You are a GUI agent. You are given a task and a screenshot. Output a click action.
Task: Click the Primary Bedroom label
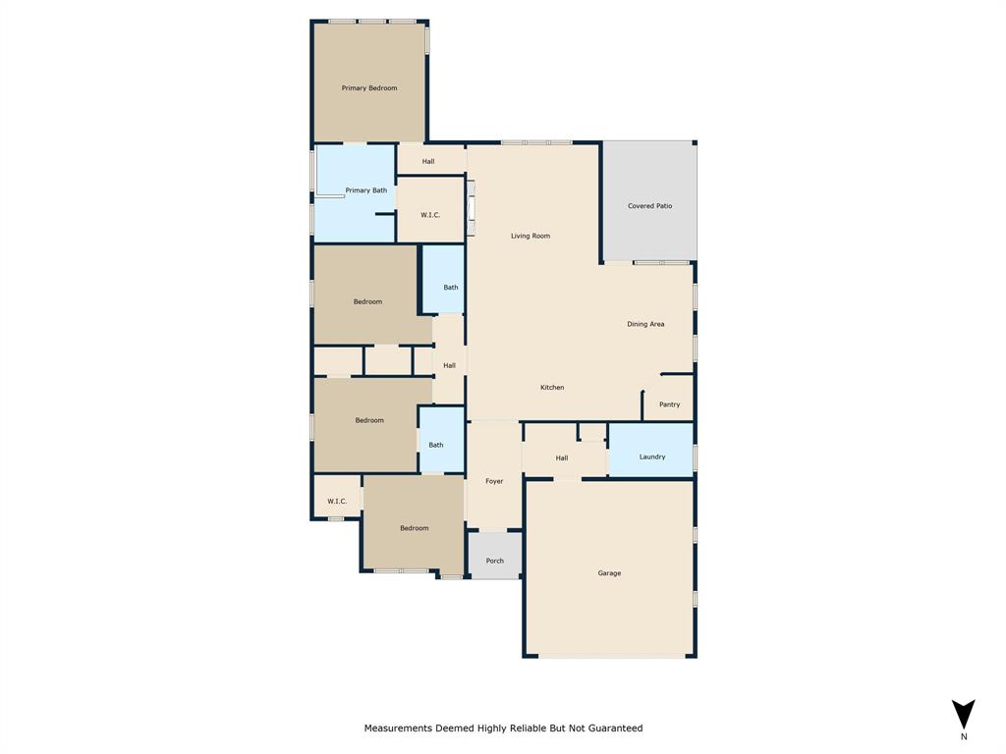click(369, 88)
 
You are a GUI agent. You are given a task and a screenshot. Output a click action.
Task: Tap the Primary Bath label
click(365, 190)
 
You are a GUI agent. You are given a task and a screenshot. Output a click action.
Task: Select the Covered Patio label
click(649, 206)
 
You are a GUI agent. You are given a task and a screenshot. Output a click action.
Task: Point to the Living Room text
click(531, 237)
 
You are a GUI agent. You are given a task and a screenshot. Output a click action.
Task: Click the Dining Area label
click(645, 324)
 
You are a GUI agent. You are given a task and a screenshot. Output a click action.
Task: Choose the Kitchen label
click(552, 388)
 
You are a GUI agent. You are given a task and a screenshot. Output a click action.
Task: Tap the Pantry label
click(669, 404)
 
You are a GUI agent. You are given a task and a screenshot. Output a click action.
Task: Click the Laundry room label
click(652, 457)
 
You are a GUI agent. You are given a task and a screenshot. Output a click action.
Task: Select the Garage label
click(609, 573)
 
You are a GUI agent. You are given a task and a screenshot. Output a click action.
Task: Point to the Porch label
click(494, 562)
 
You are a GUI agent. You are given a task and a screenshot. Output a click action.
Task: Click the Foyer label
click(494, 481)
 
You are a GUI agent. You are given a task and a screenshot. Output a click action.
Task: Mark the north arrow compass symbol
click(964, 714)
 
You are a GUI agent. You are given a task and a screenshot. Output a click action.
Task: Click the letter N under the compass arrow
click(964, 736)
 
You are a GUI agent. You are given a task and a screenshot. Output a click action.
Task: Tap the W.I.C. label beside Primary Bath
click(429, 215)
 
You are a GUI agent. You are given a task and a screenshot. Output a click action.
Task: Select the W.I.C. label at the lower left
click(337, 502)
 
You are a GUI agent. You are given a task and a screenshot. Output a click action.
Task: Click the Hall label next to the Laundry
click(562, 458)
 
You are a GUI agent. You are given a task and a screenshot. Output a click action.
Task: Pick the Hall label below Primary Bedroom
click(428, 161)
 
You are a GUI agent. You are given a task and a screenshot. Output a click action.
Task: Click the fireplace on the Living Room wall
click(471, 209)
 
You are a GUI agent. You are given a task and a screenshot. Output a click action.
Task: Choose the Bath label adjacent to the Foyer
click(435, 445)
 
